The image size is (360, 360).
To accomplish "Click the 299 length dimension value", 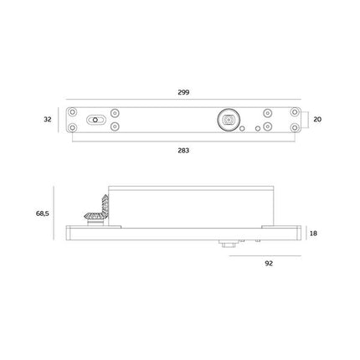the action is (183, 92).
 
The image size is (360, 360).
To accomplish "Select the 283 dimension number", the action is (183, 151).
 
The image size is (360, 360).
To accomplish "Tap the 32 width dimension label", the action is (48, 120).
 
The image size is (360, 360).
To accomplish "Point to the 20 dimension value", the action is (317, 120).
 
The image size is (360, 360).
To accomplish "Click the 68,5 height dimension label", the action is (43, 213).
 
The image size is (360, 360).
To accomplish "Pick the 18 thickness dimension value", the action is (313, 234).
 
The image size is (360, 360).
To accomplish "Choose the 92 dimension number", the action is (269, 264).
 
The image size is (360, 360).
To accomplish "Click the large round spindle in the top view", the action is (229, 120).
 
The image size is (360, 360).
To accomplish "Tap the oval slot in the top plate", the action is (95, 120).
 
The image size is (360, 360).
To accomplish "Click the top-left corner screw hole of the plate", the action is (72, 112).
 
